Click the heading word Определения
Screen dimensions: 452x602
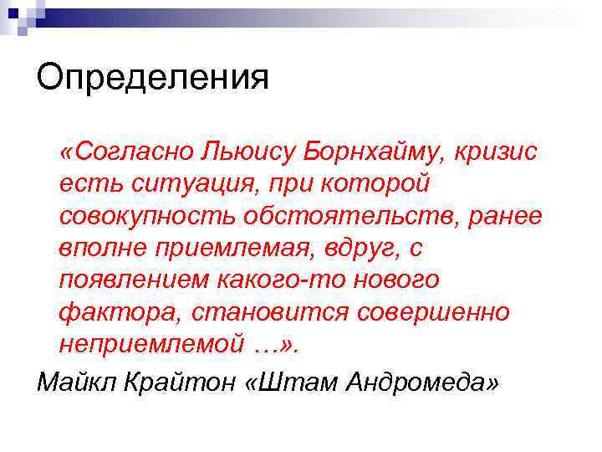point(153,79)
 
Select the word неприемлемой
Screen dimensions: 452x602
point(153,342)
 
